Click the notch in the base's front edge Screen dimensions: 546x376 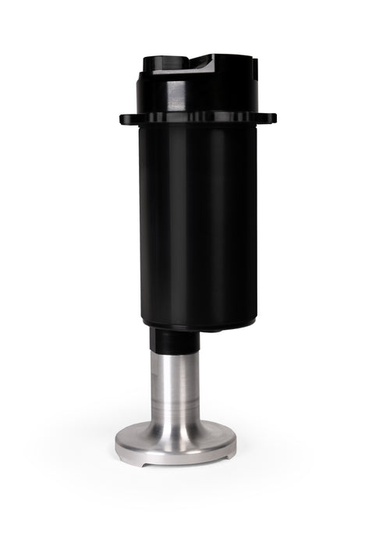(147, 463)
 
